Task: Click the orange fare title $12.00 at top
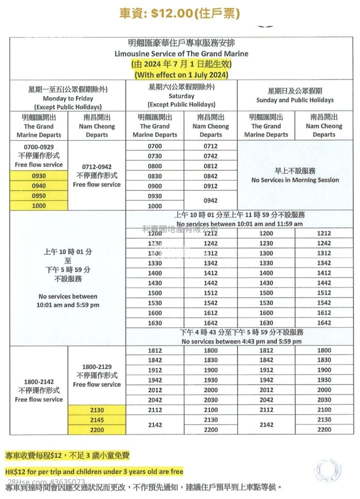180,13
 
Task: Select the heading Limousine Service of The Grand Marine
181,53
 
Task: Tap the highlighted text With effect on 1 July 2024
181,74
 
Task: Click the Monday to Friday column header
68,98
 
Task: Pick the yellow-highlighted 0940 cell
39,186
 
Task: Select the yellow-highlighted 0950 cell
39,196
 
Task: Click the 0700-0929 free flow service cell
39,156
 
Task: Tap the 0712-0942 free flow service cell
97,175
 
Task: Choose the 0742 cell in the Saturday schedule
211,156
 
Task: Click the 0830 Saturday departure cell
155,176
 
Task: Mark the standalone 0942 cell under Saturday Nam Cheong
211,201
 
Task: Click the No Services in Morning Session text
295,180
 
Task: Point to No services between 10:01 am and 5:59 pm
68,300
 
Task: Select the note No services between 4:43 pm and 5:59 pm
242,341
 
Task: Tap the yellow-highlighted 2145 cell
97,420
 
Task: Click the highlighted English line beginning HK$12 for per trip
94,471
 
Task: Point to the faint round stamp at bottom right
328,470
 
